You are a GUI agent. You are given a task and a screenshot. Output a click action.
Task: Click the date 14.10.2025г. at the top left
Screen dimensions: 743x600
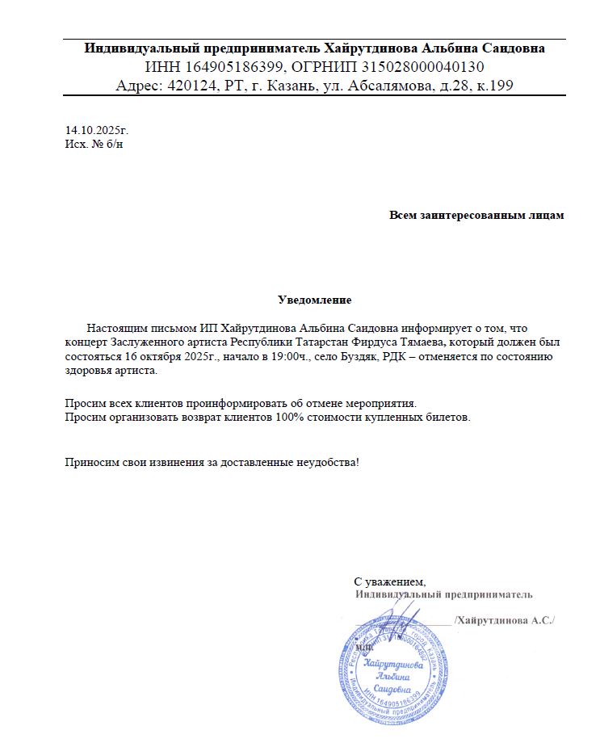coord(97,130)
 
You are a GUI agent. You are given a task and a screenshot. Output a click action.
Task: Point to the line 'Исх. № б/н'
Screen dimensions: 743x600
coord(94,144)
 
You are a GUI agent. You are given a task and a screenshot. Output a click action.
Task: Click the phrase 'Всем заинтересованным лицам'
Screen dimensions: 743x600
coord(476,216)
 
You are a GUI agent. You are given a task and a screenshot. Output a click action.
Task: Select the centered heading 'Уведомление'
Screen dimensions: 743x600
coord(315,300)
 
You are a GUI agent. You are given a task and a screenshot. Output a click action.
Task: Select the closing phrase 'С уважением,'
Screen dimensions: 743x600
coord(389,581)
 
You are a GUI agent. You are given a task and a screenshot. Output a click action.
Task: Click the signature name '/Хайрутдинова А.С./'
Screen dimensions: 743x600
coord(506,620)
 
